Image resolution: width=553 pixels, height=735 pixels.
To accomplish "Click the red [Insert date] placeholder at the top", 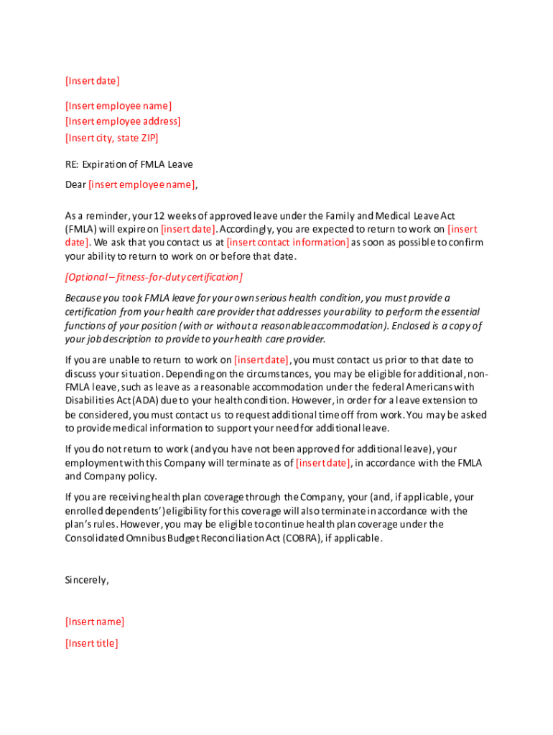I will [92, 80].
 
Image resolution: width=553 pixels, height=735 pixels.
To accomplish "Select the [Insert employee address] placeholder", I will [123, 121].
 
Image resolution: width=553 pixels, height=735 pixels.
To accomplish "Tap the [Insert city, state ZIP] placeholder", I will [111, 137].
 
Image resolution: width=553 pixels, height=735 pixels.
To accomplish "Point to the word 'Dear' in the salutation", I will [75, 184].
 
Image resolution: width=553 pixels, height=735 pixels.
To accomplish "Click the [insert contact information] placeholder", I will [288, 243].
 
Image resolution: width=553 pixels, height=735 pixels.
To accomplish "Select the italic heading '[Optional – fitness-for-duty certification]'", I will [154, 277].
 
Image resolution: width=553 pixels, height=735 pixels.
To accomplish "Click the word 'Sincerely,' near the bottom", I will [87, 580].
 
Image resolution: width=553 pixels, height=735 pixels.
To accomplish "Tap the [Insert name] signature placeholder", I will [95, 622].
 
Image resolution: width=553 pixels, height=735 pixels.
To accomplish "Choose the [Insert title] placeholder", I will [92, 643].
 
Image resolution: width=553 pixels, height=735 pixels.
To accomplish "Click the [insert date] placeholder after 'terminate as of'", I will [323, 463].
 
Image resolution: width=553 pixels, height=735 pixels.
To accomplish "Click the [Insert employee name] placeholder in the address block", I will [118, 106].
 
